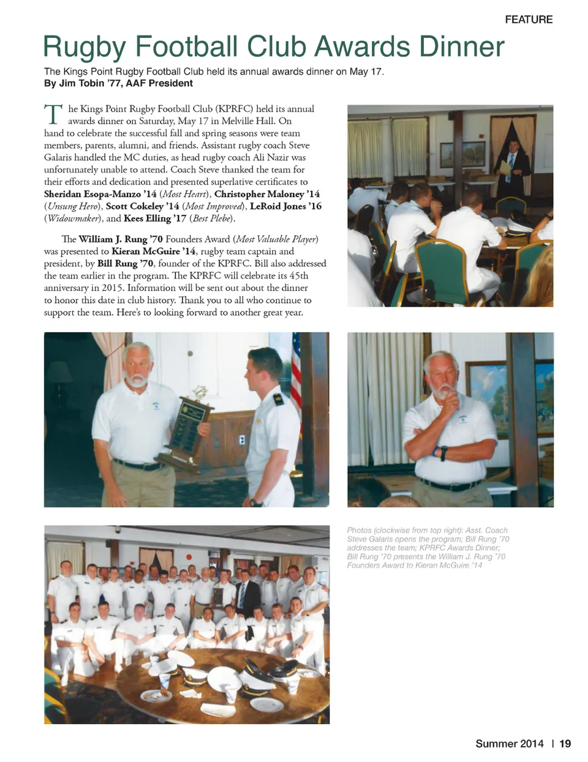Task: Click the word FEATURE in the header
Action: pos(528,20)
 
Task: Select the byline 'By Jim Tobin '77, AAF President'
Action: pos(118,83)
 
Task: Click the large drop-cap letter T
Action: pos(53,115)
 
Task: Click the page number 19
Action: pos(565,744)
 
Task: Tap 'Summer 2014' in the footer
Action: pos(509,744)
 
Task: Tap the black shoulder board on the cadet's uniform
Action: pos(278,400)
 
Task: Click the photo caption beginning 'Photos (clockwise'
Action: pos(428,547)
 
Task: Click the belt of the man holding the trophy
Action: pos(135,465)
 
